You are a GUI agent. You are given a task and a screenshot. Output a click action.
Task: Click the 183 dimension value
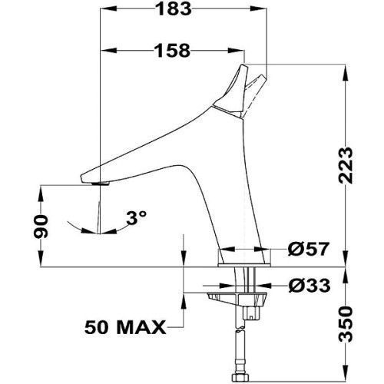[174, 9]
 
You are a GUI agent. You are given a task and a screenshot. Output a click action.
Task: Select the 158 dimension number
[173, 51]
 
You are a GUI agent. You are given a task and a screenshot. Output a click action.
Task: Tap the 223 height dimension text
[346, 165]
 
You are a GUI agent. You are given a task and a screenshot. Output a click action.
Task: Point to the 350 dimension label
[346, 325]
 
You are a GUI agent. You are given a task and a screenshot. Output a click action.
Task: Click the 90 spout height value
[41, 227]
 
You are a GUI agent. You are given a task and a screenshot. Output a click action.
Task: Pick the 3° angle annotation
[136, 217]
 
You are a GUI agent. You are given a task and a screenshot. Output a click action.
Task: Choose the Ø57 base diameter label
[308, 249]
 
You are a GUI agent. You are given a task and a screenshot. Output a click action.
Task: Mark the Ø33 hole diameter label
[310, 286]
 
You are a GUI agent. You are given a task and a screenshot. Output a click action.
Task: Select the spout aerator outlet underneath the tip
[101, 183]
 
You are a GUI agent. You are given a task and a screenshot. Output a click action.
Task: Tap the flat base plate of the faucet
[244, 265]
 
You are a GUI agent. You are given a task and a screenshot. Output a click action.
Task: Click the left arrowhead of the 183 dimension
[108, 9]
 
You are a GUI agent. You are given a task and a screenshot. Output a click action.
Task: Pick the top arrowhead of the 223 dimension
[346, 72]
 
